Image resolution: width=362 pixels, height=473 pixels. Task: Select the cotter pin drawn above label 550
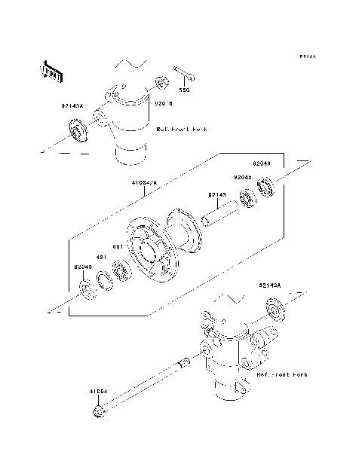pos(185,75)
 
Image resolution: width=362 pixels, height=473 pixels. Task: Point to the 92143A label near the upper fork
pos(73,107)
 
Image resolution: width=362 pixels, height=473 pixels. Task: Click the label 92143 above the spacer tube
pos(217,194)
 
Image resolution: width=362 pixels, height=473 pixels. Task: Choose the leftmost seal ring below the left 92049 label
pos(85,288)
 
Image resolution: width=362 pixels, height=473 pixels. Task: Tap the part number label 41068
pos(99,393)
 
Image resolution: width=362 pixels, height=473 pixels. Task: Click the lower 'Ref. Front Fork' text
pos(281,374)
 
